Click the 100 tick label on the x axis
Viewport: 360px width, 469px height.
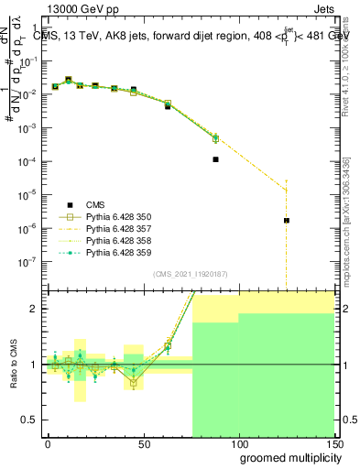(x=239, y=443)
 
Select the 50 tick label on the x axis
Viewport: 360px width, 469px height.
(x=143, y=443)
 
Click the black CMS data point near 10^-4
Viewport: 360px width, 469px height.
(x=216, y=159)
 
